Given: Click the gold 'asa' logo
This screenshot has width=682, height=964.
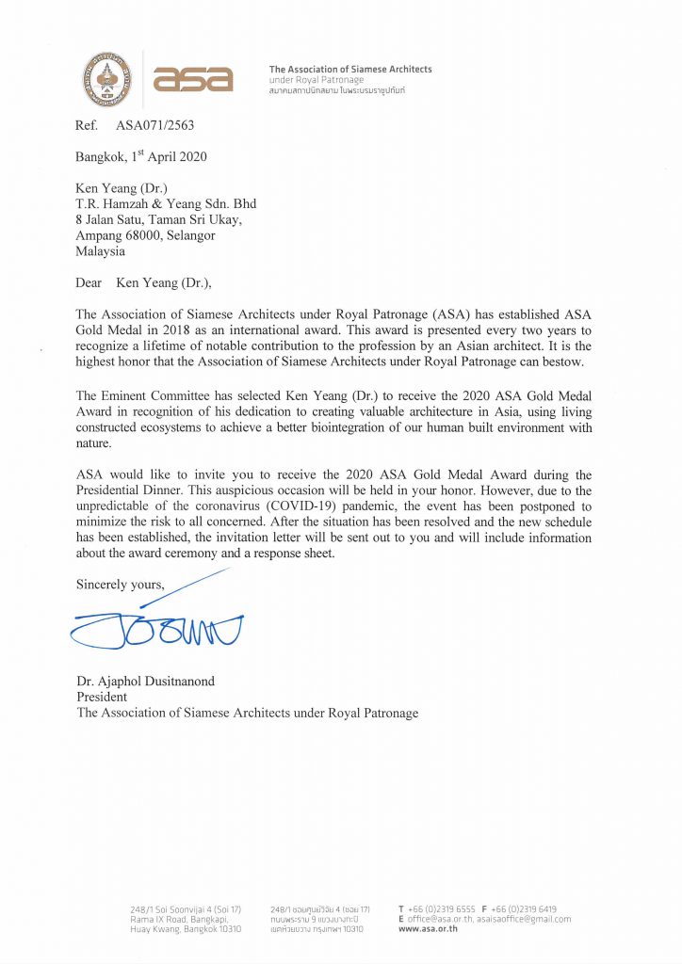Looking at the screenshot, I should pos(192,79).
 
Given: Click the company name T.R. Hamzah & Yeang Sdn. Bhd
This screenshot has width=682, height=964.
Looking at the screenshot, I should pos(166,203).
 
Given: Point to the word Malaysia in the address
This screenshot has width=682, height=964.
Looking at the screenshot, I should pos(100,251).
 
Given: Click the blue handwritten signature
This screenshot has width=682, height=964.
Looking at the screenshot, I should pos(156,626).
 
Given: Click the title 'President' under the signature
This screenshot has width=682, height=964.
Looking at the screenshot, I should pos(102,697).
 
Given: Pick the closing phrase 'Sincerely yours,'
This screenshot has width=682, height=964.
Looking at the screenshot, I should pos(120,585).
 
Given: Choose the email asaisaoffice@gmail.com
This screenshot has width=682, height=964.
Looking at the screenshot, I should pos(524,919).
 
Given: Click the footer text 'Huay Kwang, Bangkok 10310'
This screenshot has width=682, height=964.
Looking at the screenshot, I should pos(186,928).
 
